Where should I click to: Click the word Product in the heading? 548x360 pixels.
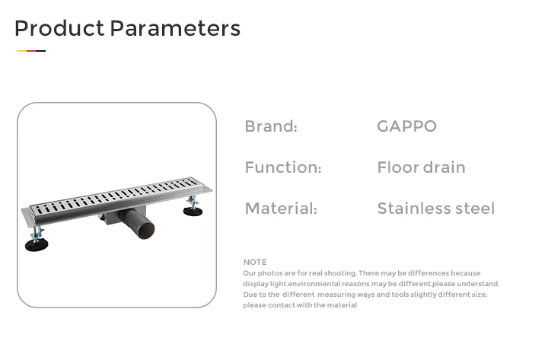pos(59,28)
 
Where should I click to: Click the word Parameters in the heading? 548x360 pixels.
pos(176,28)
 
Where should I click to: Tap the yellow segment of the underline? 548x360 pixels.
pos(21,51)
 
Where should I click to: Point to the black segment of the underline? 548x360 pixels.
pos(41,51)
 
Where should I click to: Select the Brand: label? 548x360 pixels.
pos(271,126)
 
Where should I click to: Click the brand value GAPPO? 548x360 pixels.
pos(406,126)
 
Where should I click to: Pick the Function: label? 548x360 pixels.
pos(282,167)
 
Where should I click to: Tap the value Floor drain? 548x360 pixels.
pos(421,167)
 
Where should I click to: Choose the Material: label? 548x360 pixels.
pos(281,209)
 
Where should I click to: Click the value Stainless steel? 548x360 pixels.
pos(436,209)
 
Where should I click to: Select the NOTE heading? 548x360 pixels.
pos(255,262)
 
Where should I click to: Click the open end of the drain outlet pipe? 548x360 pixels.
pos(145,231)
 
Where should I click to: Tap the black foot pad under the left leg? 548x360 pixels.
pos(37,244)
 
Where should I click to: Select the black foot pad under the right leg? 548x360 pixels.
pos(193,211)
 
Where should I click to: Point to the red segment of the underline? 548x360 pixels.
pos(31,51)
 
